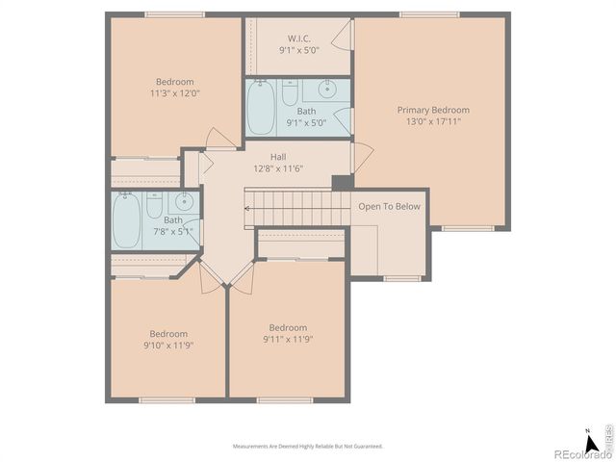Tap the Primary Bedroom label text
[x=433, y=110]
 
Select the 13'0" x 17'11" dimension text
[x=433, y=122]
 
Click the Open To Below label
[x=389, y=206]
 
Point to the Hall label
[x=278, y=156]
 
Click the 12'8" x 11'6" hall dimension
[x=278, y=168]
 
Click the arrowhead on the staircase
[x=247, y=207]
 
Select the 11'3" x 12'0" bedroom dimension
[x=174, y=94]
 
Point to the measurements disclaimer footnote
[x=308, y=447]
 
